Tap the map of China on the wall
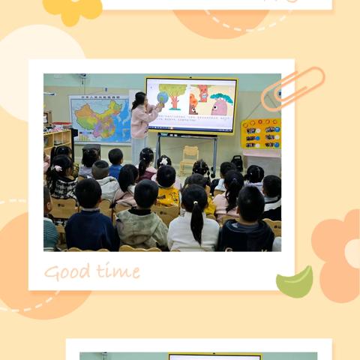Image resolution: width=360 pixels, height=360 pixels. click(x=99, y=118)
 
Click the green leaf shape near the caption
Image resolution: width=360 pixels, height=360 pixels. click(x=295, y=283)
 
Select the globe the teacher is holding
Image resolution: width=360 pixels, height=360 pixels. click(x=162, y=97)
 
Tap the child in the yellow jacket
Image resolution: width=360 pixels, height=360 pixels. click(x=167, y=193)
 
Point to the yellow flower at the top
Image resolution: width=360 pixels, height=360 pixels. click(x=72, y=7)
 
